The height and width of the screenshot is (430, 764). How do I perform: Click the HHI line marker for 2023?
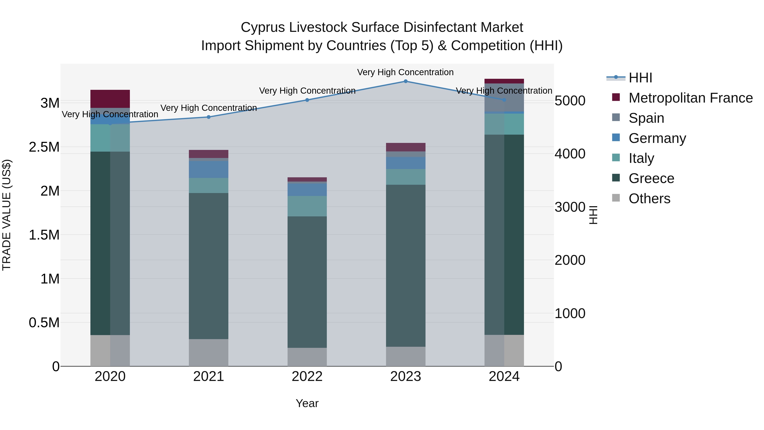click(405, 81)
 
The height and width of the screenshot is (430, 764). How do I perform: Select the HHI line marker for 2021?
click(208, 117)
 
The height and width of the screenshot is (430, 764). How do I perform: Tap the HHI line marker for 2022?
click(307, 100)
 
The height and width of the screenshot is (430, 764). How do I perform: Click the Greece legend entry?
click(651, 178)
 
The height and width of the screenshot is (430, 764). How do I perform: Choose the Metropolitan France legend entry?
click(690, 98)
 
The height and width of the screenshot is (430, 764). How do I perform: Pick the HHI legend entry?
click(640, 78)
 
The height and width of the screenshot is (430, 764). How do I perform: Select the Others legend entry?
click(649, 199)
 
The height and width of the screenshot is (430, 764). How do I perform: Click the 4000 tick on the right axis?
click(570, 154)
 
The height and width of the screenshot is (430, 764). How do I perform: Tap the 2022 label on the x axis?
click(307, 376)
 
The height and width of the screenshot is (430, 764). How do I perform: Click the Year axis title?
click(307, 403)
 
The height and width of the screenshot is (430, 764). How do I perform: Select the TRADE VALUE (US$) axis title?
click(7, 215)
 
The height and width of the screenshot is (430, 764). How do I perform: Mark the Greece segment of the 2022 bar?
click(307, 282)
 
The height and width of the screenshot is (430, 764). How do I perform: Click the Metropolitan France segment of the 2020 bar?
click(110, 99)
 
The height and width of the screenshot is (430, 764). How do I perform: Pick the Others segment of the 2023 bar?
click(405, 356)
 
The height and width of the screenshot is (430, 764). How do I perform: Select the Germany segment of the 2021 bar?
click(208, 169)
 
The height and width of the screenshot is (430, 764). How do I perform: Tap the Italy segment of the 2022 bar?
click(307, 206)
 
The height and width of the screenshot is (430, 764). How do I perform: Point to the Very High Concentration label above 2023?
click(405, 72)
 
